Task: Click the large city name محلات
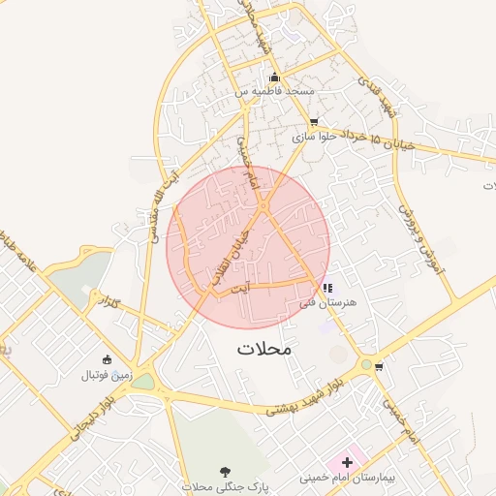263,347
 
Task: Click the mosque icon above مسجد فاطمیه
275,77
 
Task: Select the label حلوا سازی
314,137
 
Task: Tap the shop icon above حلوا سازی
313,122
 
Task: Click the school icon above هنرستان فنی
326,288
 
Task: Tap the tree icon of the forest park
227,470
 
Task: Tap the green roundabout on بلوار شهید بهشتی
366,364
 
